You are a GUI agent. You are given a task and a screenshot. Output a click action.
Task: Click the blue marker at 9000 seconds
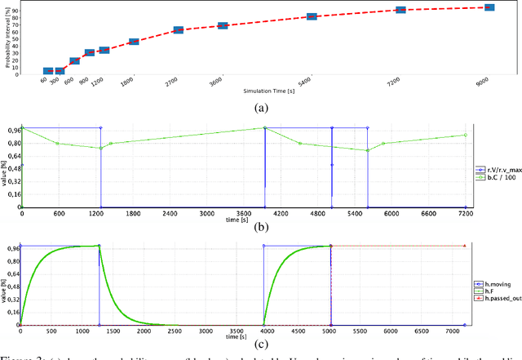[489, 7]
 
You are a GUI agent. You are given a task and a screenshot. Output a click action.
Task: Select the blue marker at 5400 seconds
[312, 16]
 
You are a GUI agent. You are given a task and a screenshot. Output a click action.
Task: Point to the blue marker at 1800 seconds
[134, 41]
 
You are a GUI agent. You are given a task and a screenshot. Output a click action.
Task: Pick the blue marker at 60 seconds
[48, 72]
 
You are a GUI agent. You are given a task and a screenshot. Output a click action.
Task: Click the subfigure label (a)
[261, 108]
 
